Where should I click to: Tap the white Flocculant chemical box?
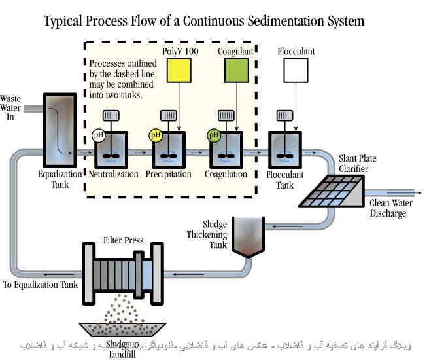[296, 70]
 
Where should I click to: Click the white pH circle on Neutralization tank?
[99, 135]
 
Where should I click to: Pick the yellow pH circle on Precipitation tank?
[156, 135]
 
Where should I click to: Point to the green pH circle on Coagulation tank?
[213, 135]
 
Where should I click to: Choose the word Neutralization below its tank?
[113, 174]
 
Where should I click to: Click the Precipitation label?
[169, 174]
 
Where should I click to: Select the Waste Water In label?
[11, 109]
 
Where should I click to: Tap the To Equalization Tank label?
[41, 285]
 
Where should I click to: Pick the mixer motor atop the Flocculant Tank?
[284, 116]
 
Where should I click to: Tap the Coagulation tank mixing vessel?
[226, 149]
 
